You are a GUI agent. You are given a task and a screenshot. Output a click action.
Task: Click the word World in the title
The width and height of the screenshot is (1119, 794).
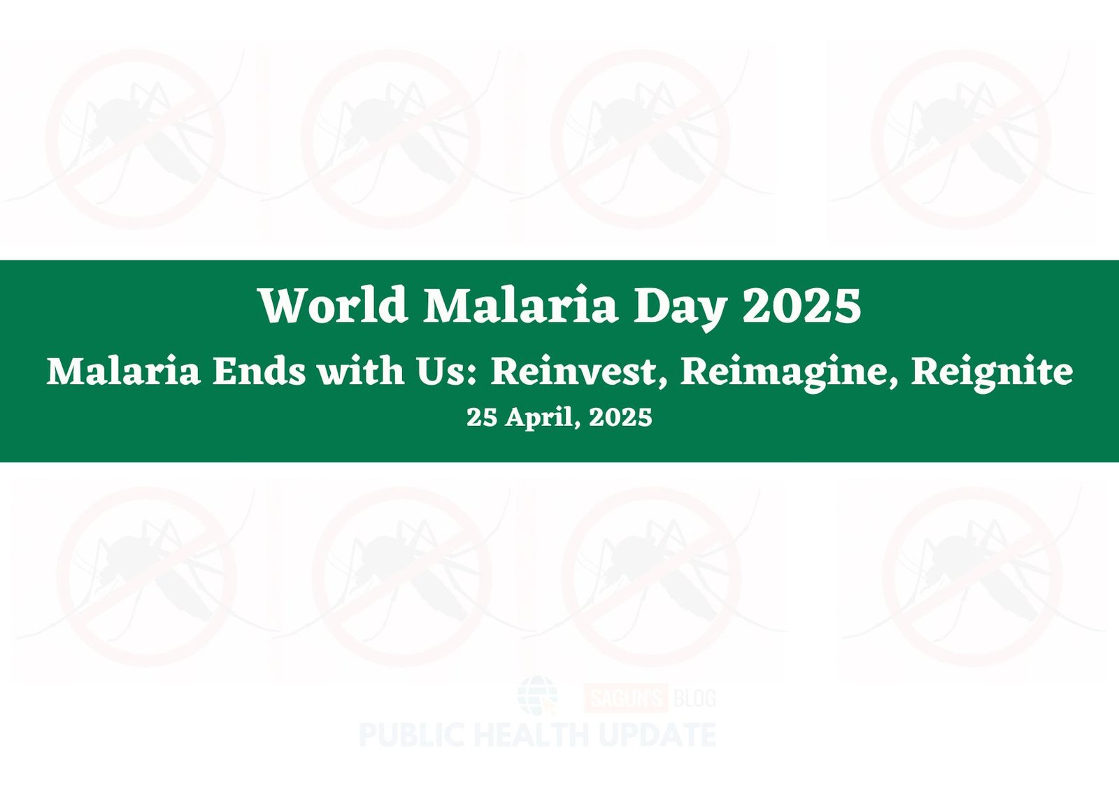click(334, 305)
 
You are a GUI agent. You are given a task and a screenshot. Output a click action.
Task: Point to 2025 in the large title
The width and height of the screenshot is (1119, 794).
click(802, 306)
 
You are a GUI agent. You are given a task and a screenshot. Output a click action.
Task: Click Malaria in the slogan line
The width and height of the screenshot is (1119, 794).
click(123, 371)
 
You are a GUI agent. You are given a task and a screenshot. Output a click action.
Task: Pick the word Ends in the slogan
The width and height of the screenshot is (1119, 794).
click(259, 371)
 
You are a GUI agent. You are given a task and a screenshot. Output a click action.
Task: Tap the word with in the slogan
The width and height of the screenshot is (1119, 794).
click(362, 371)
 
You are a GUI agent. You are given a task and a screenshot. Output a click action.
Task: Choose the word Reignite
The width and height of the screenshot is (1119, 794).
click(992, 375)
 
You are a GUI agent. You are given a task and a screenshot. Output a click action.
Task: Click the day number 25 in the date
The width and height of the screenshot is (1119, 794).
click(482, 417)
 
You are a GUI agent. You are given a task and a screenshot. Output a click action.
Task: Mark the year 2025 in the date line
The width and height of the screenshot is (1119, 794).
click(620, 417)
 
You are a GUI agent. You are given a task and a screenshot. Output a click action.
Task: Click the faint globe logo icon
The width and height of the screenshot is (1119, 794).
click(538, 695)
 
